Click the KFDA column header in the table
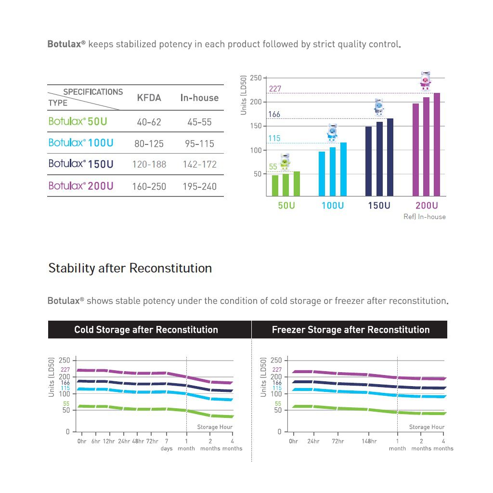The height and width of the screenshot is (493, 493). pyautogui.click(x=149, y=98)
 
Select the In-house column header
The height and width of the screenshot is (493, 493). pyautogui.click(x=199, y=98)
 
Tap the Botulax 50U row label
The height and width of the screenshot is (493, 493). pyautogui.click(x=78, y=121)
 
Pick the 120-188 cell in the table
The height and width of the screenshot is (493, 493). pyautogui.click(x=149, y=164)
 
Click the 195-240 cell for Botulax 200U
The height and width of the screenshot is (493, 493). pyautogui.click(x=199, y=186)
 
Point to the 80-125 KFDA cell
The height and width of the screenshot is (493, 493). pyautogui.click(x=149, y=143)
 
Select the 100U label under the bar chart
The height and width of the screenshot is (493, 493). pyautogui.click(x=333, y=206)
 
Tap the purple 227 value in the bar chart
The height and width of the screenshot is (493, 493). pyautogui.click(x=275, y=89)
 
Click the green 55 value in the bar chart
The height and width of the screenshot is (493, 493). pyautogui.click(x=273, y=167)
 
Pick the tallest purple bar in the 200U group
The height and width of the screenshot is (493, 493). pyautogui.click(x=437, y=144)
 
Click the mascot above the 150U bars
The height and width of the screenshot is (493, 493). pyautogui.click(x=378, y=107)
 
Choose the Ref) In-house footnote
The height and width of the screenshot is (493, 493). pyautogui.click(x=424, y=217)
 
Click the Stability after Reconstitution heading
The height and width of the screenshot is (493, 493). pyautogui.click(x=130, y=268)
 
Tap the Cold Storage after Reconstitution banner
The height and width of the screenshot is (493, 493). pyautogui.click(x=146, y=330)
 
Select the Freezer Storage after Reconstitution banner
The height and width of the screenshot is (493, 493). pyautogui.click(x=350, y=330)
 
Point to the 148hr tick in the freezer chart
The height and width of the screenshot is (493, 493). pyautogui.click(x=369, y=441)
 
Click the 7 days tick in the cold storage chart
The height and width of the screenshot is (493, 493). pyautogui.click(x=167, y=444)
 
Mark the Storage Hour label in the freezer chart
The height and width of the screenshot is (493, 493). pyautogui.click(x=427, y=427)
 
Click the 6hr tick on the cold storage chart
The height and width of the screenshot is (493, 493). pyautogui.click(x=95, y=441)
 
